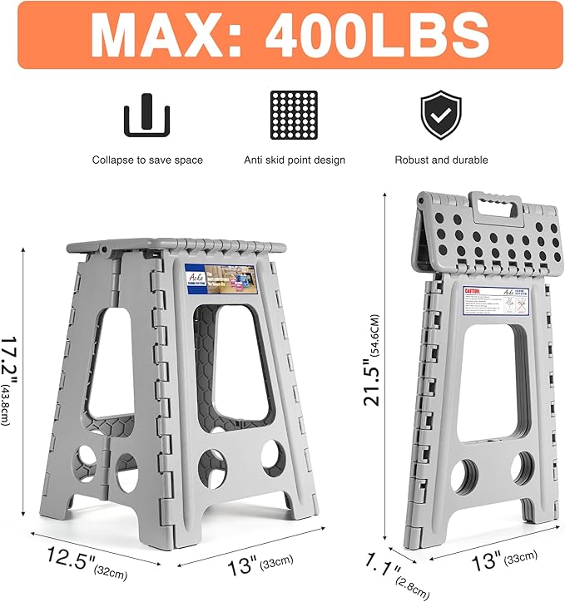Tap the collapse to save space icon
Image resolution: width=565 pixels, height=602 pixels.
pyautogui.click(x=147, y=116)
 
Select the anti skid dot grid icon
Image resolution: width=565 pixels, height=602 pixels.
pyautogui.click(x=294, y=116)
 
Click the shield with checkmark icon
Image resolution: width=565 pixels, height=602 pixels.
pyautogui.click(x=441, y=116)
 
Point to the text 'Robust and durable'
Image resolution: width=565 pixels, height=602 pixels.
pyautogui.click(x=441, y=160)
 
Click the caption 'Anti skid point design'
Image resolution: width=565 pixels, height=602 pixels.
pyautogui.click(x=294, y=160)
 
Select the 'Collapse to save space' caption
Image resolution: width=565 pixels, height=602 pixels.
pyautogui.click(x=147, y=160)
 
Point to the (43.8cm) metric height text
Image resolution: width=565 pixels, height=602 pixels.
pyautogui.click(x=7, y=403)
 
